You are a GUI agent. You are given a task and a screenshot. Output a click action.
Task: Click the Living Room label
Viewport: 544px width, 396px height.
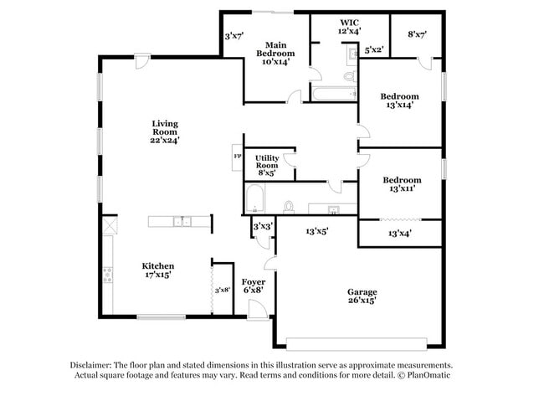[x=165, y=131]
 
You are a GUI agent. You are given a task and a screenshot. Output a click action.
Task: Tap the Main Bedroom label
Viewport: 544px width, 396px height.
[x=277, y=53]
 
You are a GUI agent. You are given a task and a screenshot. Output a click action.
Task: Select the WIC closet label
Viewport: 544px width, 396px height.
[x=349, y=27]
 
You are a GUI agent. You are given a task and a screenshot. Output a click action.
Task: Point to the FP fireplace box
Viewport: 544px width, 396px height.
[x=237, y=157]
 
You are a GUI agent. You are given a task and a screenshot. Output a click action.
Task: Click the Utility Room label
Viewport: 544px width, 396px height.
[x=267, y=163]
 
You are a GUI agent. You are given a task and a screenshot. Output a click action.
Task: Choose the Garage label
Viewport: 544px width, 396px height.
[x=362, y=295]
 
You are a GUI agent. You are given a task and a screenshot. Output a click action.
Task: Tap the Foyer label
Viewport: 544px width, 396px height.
[x=254, y=285]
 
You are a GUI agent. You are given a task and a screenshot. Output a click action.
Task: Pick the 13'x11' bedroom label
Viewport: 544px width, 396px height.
[x=401, y=185]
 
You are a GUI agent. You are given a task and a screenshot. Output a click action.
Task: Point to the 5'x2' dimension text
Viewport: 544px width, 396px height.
[x=374, y=50]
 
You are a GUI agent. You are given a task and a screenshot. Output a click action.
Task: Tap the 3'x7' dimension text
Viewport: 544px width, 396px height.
[x=233, y=36]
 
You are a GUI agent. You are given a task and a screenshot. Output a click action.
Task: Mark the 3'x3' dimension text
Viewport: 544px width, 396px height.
[x=262, y=226]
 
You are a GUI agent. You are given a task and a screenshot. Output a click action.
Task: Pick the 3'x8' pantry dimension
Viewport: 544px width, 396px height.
[x=222, y=290]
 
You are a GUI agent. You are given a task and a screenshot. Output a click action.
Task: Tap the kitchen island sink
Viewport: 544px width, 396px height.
[x=180, y=222]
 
